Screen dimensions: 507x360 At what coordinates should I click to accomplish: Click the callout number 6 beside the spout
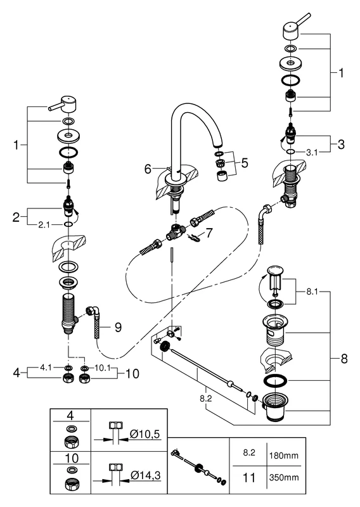147,169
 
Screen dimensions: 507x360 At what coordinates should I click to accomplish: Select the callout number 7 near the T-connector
209,233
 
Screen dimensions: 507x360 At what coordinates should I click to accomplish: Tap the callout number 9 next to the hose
117,328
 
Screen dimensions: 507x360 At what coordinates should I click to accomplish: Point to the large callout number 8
344,359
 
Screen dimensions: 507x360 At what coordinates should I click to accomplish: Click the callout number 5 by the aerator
244,163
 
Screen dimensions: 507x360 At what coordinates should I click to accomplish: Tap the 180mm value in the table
285,455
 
